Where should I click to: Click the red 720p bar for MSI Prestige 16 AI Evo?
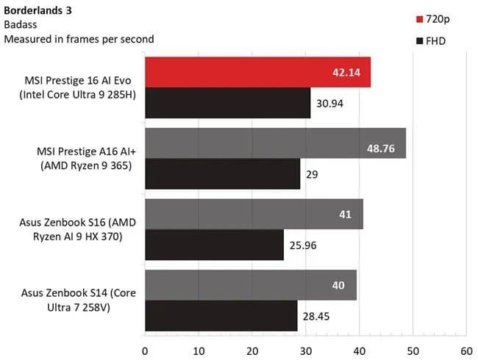tap(258, 72)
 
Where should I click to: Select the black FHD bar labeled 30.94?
tap(228, 103)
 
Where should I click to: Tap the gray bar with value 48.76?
tap(276, 143)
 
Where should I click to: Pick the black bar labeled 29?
tap(223, 174)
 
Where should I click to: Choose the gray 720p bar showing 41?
tap(254, 214)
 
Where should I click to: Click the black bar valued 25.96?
tap(214, 245)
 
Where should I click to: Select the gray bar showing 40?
tap(251, 285)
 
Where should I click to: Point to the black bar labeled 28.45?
tap(221, 316)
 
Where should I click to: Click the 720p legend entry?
tap(433, 19)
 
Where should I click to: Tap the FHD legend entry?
tap(431, 41)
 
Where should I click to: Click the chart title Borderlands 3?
tap(38, 10)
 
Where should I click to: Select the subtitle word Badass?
tap(21, 25)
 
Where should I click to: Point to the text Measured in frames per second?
tap(79, 39)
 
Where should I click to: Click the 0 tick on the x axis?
tap(145, 351)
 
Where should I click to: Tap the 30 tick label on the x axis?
tap(306, 351)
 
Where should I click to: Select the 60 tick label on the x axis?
tap(466, 351)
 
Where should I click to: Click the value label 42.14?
tap(346, 73)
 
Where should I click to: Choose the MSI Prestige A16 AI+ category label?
tap(86, 159)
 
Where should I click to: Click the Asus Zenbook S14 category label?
tap(79, 300)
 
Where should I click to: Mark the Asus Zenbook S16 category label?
tap(77, 229)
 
